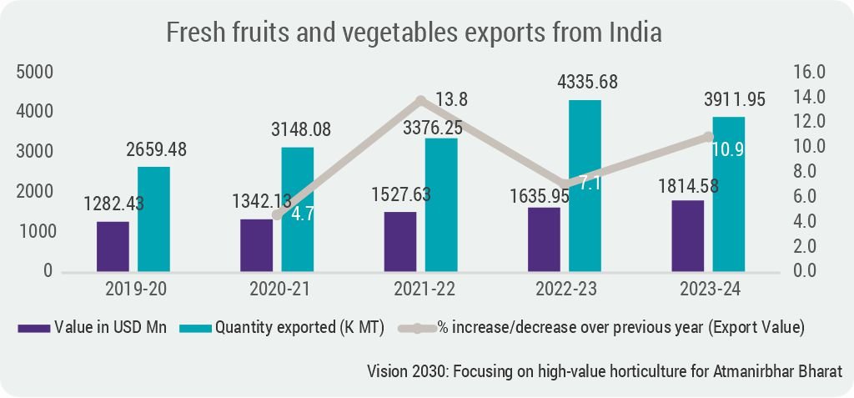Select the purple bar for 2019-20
(113, 246)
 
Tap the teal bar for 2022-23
(584, 185)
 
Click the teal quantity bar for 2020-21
(297, 209)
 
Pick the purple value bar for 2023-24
(687, 235)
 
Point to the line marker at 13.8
(421, 101)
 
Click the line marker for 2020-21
(278, 214)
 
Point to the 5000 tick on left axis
(35, 72)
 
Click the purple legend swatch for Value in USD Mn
(33, 328)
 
